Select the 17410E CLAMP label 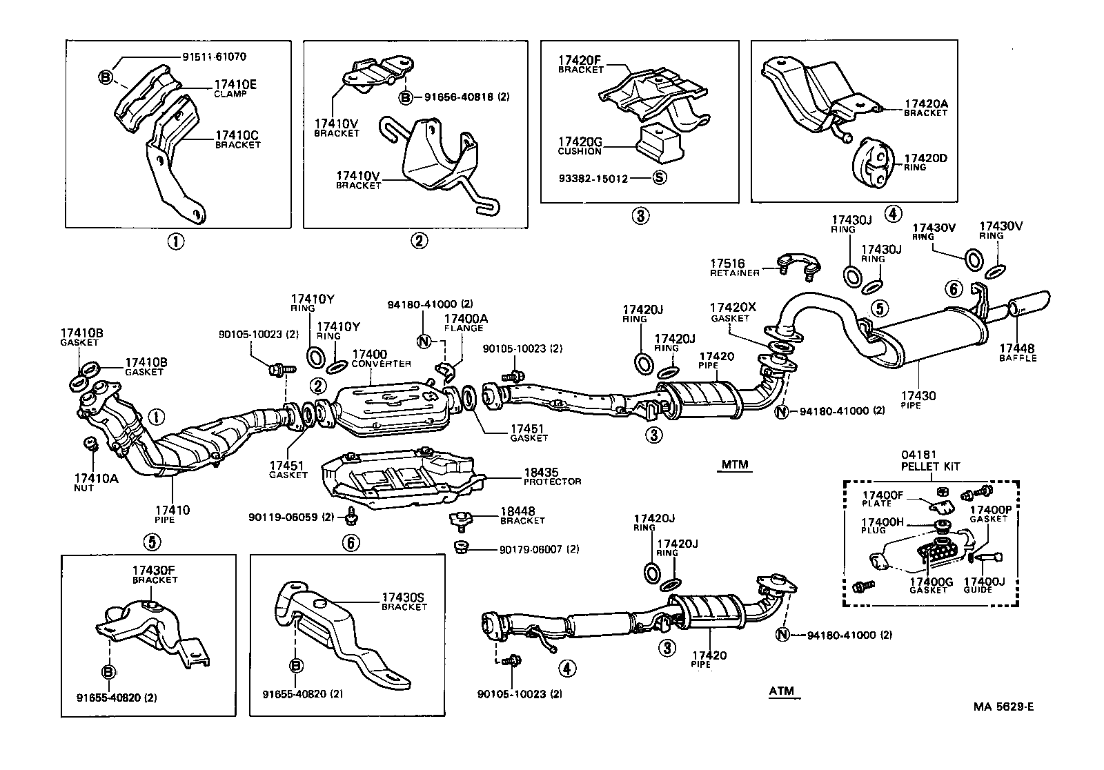click(235, 88)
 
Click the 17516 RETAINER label click(735, 268)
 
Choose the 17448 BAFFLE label click(1018, 353)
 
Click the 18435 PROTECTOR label click(552, 476)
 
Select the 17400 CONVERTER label click(381, 358)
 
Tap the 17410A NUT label click(96, 481)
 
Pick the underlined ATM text click(781, 691)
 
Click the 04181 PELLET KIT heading click(929, 460)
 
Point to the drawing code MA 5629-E click(1003, 707)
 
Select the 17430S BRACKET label click(404, 602)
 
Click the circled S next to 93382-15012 click(659, 178)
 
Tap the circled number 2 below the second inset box click(419, 241)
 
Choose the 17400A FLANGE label click(466, 323)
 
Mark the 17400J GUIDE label click(983, 585)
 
